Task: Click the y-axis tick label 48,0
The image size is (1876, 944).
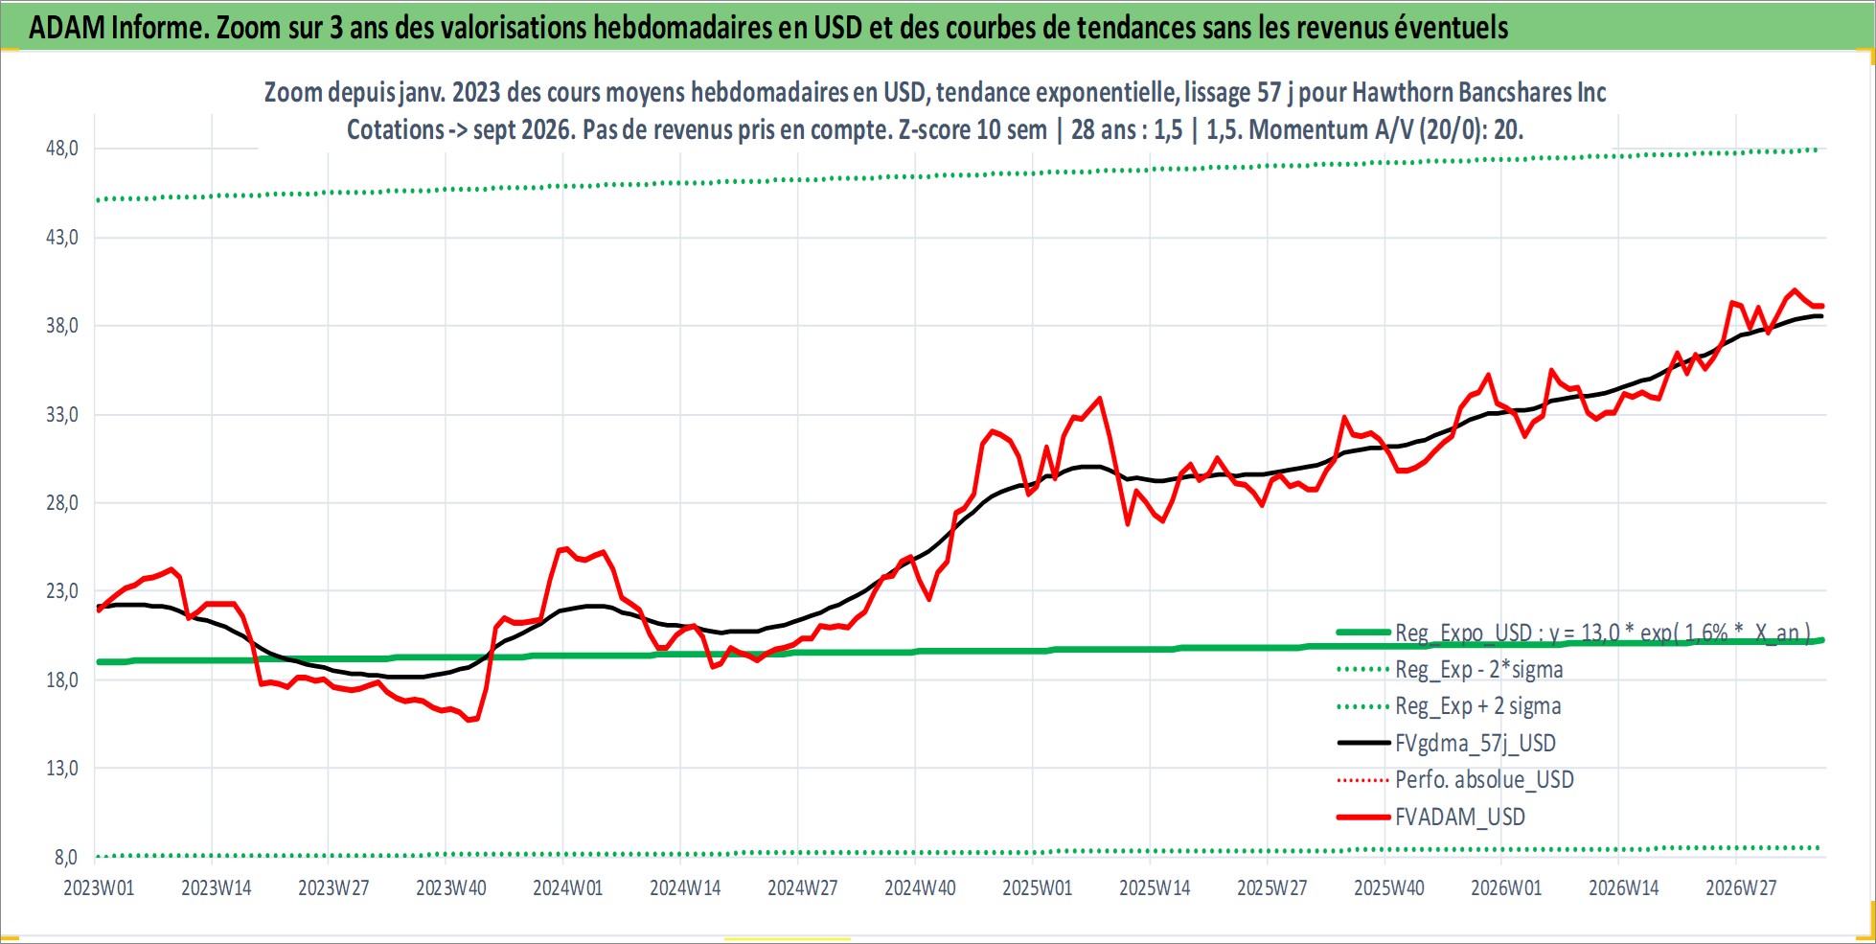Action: (62, 149)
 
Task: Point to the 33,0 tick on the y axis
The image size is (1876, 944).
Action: (62, 415)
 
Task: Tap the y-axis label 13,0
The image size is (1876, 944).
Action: (62, 769)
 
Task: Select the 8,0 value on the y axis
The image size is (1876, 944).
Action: (66, 857)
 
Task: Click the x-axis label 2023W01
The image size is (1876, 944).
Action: (99, 887)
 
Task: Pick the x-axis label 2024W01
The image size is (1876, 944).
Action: (568, 887)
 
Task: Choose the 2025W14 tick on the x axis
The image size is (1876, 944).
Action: (1155, 887)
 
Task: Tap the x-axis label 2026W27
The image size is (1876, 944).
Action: (1741, 887)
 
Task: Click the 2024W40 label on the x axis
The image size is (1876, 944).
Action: (920, 887)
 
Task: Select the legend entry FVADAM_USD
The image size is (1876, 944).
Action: (1460, 817)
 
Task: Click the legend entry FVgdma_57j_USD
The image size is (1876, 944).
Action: (1476, 743)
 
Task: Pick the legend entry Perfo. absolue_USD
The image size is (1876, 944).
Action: (1484, 779)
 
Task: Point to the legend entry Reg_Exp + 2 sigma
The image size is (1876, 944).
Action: (1478, 706)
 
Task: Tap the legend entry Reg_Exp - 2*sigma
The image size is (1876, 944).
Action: (1479, 669)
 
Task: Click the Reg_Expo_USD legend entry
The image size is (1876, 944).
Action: (1603, 633)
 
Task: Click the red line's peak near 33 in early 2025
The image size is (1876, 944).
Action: (1099, 398)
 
